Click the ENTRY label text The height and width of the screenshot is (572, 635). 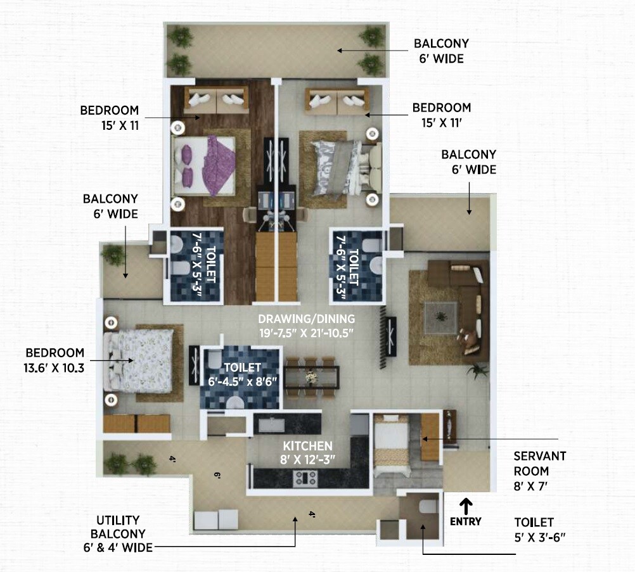[x=466, y=522]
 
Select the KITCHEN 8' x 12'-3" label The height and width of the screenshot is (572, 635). [x=309, y=452]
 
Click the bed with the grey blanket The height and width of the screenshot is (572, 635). [x=339, y=167]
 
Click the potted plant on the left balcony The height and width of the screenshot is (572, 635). [x=114, y=255]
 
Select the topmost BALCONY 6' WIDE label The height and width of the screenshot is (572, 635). [x=441, y=51]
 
